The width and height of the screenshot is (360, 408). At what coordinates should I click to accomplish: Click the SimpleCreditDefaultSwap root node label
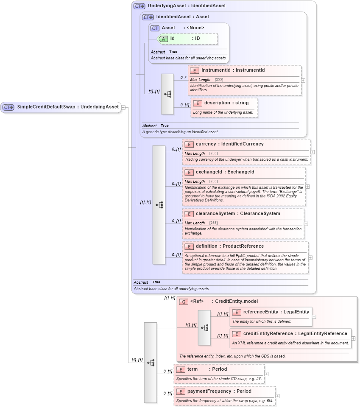pos(67,107)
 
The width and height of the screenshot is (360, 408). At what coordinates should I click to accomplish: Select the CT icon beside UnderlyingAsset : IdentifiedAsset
pos(139,6)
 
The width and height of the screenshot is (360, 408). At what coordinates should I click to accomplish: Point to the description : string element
pos(226,103)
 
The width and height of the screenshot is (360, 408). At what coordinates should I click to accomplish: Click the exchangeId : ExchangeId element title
pos(225,172)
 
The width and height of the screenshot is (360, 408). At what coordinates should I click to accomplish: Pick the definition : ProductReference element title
pos(229,246)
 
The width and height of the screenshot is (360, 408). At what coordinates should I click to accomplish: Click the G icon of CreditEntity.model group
pos(184,302)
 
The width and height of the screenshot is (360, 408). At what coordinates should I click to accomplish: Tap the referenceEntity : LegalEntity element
pos(276,312)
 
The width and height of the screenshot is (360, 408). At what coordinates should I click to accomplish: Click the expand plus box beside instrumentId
pos(303,80)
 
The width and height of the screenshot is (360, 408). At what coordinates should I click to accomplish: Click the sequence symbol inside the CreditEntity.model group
pos(204,328)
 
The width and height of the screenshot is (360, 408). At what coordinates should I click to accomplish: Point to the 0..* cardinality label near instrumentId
pos(183,78)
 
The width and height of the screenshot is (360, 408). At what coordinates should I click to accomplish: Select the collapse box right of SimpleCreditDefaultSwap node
pos(123,107)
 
